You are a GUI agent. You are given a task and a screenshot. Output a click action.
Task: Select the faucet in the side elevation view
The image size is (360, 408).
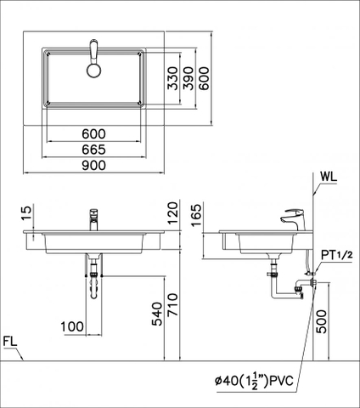[293, 219]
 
